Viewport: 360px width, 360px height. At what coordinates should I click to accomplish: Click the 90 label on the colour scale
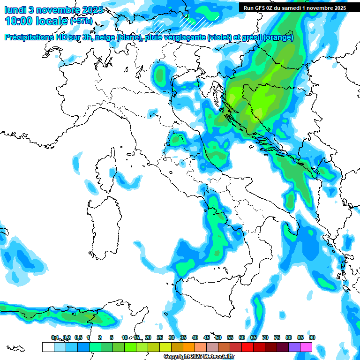pos(312,337)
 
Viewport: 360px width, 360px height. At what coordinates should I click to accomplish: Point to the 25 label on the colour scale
pos(159,337)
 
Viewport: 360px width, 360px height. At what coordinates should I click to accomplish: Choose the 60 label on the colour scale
pos(241,337)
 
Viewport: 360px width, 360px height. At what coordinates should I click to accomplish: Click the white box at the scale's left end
pos(48,347)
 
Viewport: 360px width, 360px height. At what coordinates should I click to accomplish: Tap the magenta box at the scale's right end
pos(306,347)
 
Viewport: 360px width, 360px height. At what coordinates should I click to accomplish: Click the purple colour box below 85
pos(294,347)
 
